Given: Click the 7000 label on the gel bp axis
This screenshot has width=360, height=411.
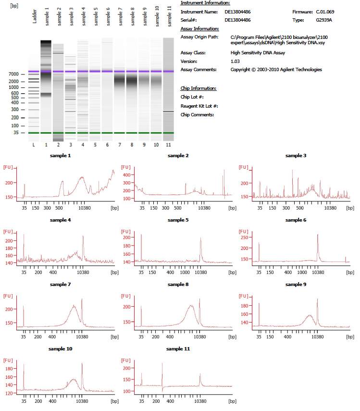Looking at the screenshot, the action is [13, 74].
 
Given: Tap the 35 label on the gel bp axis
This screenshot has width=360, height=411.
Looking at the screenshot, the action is [16, 133].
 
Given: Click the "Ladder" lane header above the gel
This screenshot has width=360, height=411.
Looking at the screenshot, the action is [34, 16].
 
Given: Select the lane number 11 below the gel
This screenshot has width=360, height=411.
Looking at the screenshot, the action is [168, 145].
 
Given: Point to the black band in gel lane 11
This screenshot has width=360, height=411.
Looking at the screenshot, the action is [168, 111].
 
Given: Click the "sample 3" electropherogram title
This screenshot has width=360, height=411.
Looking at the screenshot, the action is [296, 155].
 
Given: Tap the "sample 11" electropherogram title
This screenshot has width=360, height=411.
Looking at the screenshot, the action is [178, 349].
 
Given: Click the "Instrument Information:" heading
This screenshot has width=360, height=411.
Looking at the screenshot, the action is [205, 3].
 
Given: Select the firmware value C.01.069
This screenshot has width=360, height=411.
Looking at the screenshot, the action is [325, 12].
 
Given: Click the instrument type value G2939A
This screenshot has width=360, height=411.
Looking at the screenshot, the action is [324, 20].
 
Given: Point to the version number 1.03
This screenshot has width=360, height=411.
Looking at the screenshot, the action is [235, 62].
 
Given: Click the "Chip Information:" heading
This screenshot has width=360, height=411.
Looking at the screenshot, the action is [199, 88].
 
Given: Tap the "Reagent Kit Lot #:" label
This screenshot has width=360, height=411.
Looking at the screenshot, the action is [199, 106].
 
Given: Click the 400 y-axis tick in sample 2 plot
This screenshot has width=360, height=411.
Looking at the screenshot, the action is [127, 175].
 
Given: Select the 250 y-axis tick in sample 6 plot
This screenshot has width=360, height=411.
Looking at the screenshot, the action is [245, 237].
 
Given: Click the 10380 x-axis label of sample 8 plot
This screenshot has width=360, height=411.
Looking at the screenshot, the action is [199, 337].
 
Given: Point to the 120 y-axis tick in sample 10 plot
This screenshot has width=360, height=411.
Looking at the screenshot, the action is [9, 393].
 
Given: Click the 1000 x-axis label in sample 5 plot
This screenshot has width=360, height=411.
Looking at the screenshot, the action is [185, 273].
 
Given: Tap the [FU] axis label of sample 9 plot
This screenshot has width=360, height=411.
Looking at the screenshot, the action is [243, 296].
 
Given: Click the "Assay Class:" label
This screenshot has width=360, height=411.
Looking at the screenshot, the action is [193, 53].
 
